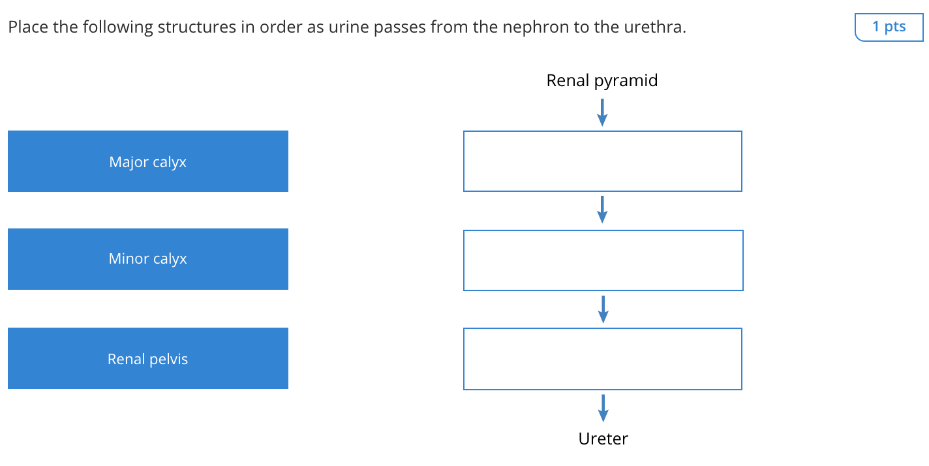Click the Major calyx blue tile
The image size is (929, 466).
[148, 161]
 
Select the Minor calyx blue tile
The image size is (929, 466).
[148, 259]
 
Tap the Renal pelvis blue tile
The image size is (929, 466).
[148, 358]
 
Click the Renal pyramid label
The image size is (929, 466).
[602, 81]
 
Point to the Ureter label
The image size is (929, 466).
[603, 439]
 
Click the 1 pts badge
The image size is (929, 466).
[889, 27]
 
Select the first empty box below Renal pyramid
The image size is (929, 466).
[602, 161]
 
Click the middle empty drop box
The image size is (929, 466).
[603, 260]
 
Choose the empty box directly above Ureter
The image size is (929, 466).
[602, 359]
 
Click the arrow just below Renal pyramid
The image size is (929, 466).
[602, 112]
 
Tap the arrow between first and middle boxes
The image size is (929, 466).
[602, 210]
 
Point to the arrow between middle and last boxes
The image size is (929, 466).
[603, 309]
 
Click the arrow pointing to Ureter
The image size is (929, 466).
[603, 408]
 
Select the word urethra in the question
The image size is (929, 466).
[658, 28]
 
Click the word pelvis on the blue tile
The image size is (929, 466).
[169, 359]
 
